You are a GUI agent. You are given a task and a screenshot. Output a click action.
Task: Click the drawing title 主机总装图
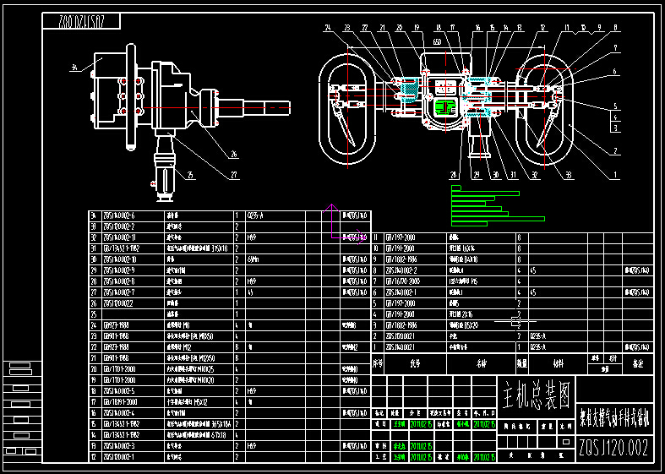point(537,392)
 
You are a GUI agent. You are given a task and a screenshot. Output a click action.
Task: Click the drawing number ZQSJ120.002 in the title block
point(613,448)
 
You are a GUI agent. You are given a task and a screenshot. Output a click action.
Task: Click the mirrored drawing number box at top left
point(80,21)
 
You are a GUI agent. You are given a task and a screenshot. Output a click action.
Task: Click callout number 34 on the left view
point(74,67)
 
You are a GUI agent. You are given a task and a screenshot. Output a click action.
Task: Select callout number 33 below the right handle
point(567,175)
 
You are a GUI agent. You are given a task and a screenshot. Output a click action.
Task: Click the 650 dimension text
point(437,41)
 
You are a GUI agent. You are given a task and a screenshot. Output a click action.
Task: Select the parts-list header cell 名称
point(482,363)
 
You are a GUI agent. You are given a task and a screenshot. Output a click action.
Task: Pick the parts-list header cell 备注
point(638,363)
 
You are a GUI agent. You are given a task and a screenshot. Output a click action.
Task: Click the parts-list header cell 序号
point(378,363)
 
